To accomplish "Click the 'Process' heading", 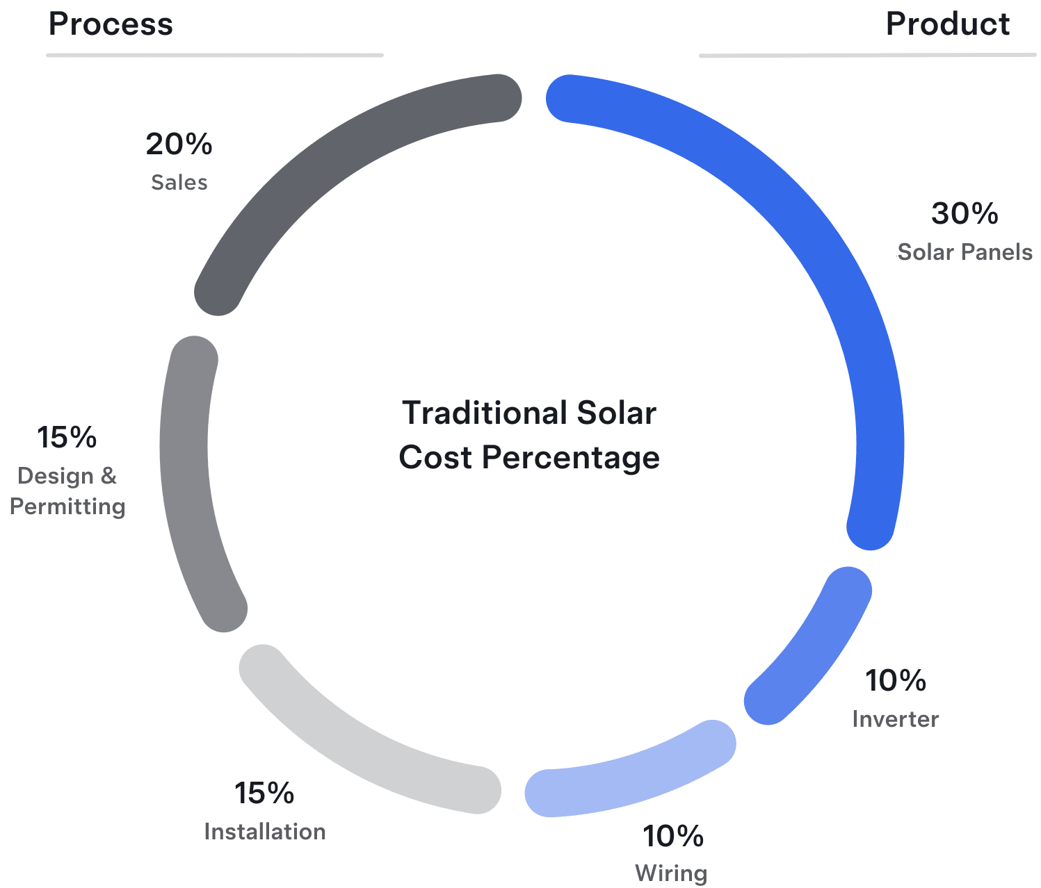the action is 111,24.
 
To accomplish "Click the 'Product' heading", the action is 947,24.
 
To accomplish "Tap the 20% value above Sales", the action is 179,144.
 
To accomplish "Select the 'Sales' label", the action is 179,182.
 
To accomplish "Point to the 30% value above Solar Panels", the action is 964,213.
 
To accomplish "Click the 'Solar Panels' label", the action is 965,252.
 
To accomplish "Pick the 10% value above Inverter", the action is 895,680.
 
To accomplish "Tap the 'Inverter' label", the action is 895,719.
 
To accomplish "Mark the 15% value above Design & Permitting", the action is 67,437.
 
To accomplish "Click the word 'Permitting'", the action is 67,507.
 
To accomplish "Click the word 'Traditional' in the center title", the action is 485,413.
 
